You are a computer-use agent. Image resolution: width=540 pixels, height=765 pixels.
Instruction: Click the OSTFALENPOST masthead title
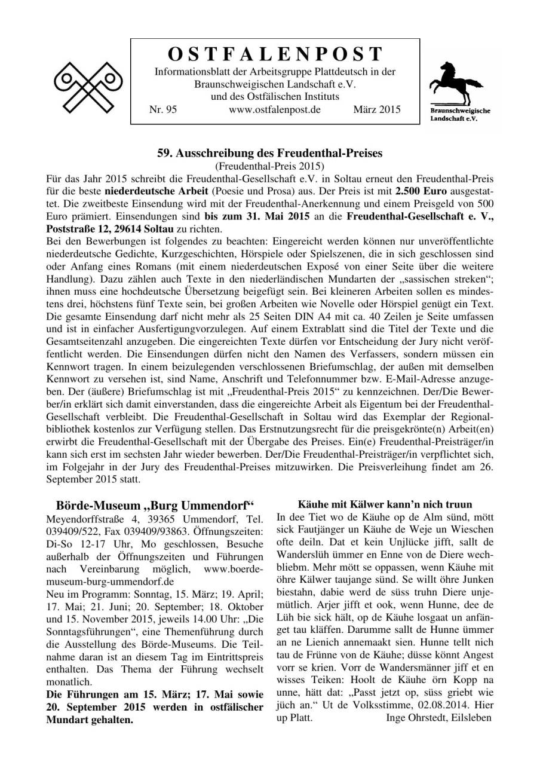pyautogui.click(x=275, y=54)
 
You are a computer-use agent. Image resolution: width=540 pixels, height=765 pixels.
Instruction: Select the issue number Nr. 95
pyautogui.click(x=162, y=110)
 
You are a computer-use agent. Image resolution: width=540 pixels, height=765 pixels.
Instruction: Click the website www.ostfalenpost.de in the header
pyautogui.click(x=275, y=110)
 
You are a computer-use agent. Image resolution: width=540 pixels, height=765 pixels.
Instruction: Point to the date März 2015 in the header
pyautogui.click(x=377, y=110)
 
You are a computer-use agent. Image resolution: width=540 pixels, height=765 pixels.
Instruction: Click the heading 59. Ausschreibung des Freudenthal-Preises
pyautogui.click(x=269, y=153)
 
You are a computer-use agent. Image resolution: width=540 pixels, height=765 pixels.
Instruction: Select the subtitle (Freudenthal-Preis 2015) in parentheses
pyautogui.click(x=269, y=166)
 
